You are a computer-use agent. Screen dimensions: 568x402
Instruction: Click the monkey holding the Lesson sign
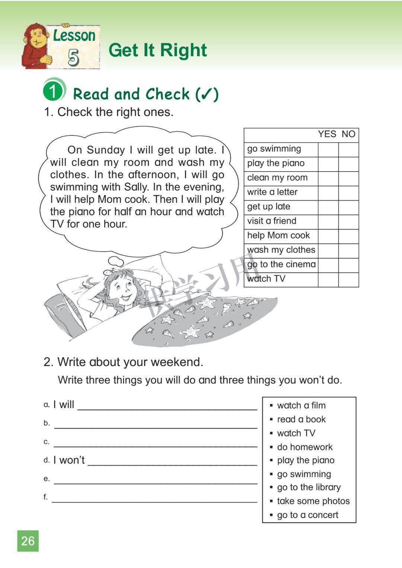[35, 47]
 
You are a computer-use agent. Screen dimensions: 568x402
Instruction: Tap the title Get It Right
[157, 50]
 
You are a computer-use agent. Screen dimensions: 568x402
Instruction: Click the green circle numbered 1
[53, 90]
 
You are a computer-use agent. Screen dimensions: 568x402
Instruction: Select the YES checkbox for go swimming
[328, 149]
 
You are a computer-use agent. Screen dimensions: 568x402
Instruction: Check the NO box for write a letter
[348, 193]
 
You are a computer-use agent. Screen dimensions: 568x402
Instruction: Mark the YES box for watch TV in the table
[328, 280]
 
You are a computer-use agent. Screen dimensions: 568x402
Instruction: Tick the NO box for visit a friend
[348, 222]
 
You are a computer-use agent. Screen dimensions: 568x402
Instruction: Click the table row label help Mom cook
[278, 236]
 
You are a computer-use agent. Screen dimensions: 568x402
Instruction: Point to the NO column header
[348, 134]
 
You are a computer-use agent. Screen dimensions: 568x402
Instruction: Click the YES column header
[327, 134]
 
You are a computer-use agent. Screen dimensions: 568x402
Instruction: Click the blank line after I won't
[172, 462]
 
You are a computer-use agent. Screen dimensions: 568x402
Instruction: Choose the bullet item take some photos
[313, 501]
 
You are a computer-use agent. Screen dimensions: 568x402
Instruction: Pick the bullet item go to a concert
[307, 515]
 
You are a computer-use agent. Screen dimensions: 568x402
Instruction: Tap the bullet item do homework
[304, 447]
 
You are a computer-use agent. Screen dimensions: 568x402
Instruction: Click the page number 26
[28, 541]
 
